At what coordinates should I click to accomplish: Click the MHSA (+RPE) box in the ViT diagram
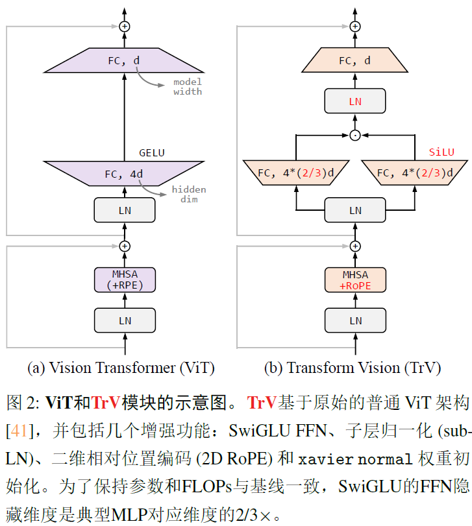point(125,280)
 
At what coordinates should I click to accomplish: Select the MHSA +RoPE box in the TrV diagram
point(355,280)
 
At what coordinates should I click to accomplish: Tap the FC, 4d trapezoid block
point(124,174)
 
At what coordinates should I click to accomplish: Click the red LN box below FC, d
point(355,101)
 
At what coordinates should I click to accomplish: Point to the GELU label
point(152,153)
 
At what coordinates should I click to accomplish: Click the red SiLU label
point(441,152)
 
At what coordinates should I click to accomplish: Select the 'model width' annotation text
point(188,86)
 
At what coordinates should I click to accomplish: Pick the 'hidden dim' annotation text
point(189,194)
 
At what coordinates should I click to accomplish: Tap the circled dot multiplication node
point(355,135)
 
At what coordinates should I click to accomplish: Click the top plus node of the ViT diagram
point(125,26)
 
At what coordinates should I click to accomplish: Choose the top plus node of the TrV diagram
point(355,26)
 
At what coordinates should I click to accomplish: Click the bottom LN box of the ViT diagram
point(125,320)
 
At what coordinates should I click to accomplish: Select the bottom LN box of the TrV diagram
point(355,320)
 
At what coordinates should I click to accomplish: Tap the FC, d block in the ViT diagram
point(124,61)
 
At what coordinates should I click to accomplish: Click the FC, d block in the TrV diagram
point(355,61)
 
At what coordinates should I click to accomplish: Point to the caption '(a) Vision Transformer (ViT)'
point(121,368)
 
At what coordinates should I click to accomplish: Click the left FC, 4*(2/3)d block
point(296,173)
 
